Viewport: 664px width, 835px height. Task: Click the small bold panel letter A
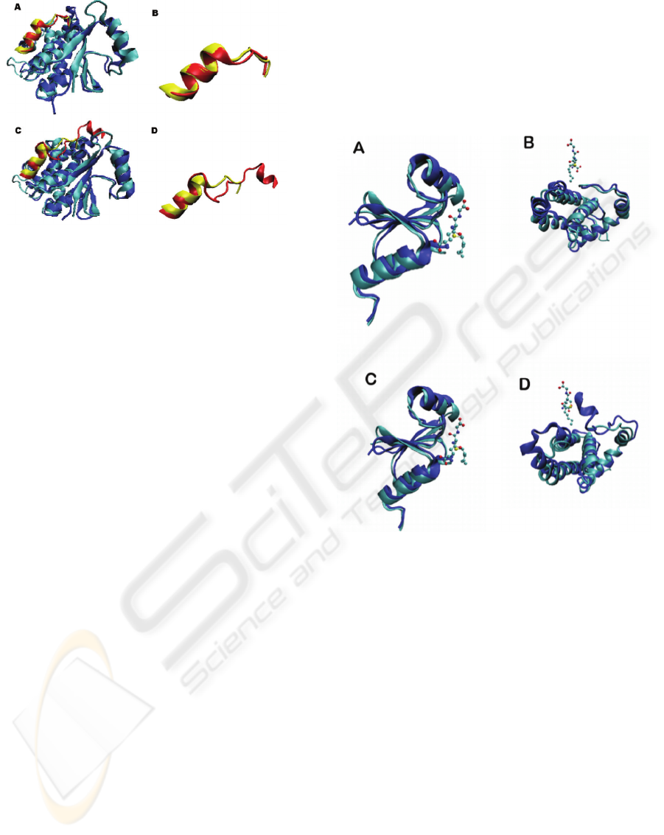click(x=18, y=7)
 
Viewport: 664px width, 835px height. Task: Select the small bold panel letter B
click(x=155, y=13)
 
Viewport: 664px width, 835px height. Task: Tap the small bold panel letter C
click(x=18, y=130)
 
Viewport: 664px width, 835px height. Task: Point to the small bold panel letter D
click(x=155, y=130)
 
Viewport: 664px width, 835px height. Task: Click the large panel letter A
click(x=359, y=147)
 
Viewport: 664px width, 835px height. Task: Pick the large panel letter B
click(x=528, y=142)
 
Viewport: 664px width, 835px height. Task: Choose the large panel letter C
click(x=371, y=379)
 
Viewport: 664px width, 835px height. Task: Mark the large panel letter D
click(x=525, y=384)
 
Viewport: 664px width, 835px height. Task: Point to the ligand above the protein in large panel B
click(x=573, y=160)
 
